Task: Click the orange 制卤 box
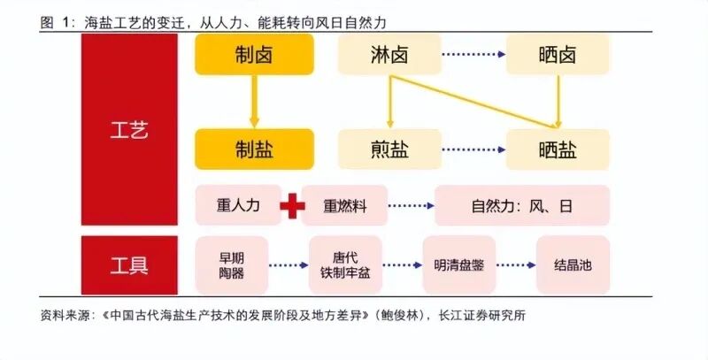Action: pos(254,55)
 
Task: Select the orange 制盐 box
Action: pos(254,149)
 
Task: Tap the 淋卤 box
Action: pos(389,55)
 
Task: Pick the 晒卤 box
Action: pos(558,55)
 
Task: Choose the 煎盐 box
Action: pos(389,149)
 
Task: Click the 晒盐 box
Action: pos(558,149)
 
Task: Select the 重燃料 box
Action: pos(344,206)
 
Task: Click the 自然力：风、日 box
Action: pos(522,206)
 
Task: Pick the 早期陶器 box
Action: pos(231,264)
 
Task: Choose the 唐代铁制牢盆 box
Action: pos(345,264)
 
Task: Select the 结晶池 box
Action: pos(573,264)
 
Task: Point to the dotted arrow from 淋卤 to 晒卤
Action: pos(472,55)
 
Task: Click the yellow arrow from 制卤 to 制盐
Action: pos(254,101)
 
